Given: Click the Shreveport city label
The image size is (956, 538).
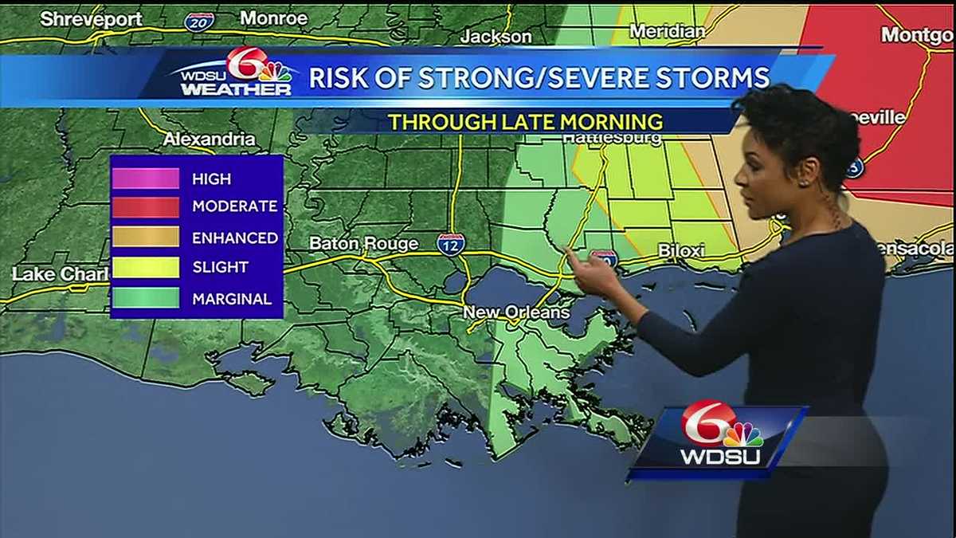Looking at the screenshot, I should pyautogui.click(x=90, y=18).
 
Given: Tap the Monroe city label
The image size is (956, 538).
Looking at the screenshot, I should pyautogui.click(x=273, y=18).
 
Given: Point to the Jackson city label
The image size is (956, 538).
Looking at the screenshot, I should pyautogui.click(x=496, y=37).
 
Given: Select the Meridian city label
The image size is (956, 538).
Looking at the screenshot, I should pyautogui.click(x=667, y=31).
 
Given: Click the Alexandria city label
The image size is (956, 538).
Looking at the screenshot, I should pyautogui.click(x=210, y=139).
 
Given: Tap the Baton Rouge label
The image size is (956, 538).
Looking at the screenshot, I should pyautogui.click(x=363, y=243).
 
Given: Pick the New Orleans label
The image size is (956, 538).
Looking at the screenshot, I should pyautogui.click(x=516, y=312).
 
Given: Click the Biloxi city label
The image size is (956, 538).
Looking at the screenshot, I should pyautogui.click(x=681, y=251).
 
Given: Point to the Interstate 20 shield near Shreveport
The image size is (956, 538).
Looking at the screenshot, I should pyautogui.click(x=198, y=22).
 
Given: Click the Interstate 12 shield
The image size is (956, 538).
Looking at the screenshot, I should pyautogui.click(x=450, y=244).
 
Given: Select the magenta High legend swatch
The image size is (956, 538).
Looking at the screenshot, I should pyautogui.click(x=145, y=179).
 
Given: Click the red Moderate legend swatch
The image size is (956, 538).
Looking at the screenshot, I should pyautogui.click(x=145, y=207).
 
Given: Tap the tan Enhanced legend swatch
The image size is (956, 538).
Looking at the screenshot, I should pyautogui.click(x=145, y=237).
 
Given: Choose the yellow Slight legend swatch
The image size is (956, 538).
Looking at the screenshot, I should pyautogui.click(x=145, y=267).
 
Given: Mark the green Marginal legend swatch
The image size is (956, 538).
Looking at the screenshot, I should pyautogui.click(x=145, y=298).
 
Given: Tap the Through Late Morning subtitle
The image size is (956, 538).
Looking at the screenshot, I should pyautogui.click(x=526, y=122).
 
